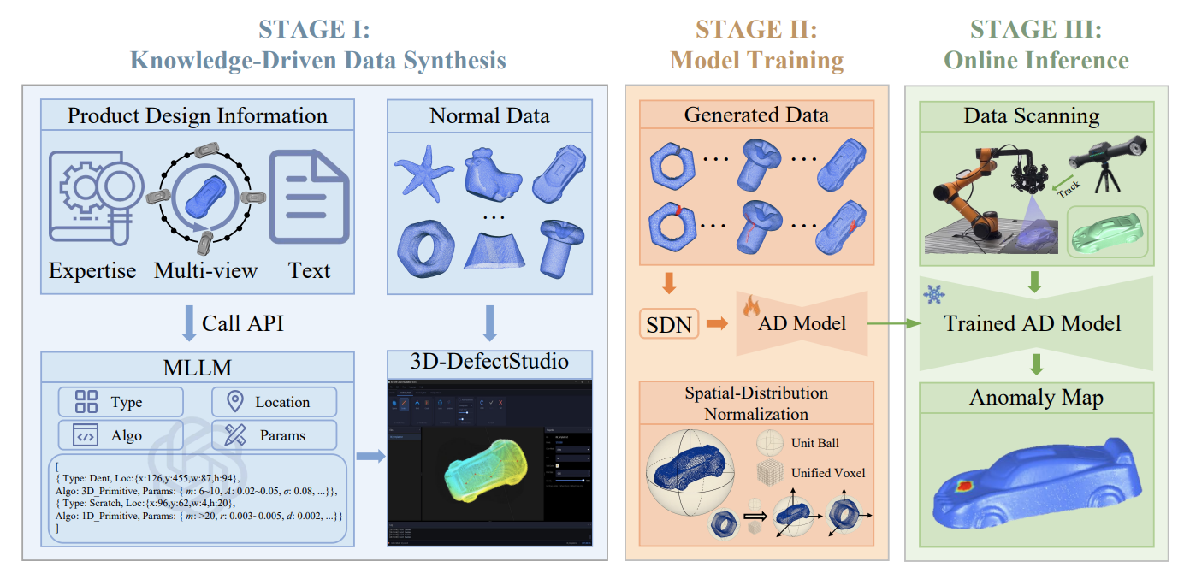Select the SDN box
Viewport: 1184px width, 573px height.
[670, 323]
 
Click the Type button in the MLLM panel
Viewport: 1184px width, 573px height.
[121, 402]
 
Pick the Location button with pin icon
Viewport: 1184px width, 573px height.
[274, 402]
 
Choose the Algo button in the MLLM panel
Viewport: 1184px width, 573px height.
[121, 435]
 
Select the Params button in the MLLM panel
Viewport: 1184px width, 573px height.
[274, 435]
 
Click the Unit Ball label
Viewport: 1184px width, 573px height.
[814, 443]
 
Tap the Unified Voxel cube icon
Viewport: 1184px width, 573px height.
[769, 473]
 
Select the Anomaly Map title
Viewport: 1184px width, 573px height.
[1036, 398]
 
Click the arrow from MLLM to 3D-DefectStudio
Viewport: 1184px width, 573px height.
[370, 457]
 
